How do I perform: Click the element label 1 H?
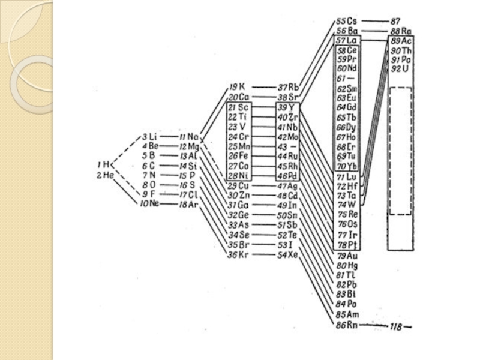pos(104,164)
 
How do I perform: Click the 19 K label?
pos(237,87)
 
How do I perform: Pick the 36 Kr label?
pos(238,255)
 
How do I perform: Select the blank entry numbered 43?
pos(287,146)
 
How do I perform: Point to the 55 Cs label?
pos(346,20)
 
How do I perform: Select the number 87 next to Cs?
pos(395,20)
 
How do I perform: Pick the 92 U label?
pos(400,69)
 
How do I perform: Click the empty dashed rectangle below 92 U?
pos(401,150)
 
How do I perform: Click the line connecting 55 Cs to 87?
pos(371,21)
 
